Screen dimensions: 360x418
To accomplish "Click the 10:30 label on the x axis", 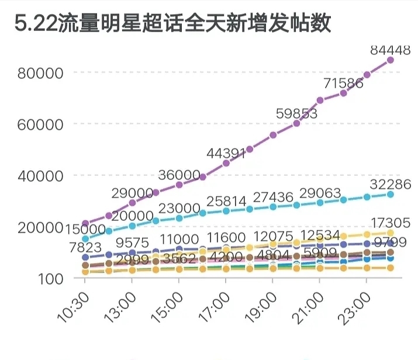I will [x=73, y=306].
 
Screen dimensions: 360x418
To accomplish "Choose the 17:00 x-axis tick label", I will [x=213, y=306].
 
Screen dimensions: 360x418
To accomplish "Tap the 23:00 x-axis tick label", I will [x=354, y=306].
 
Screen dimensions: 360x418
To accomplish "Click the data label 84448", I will [x=390, y=50].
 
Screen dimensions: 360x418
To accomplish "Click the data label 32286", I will [x=390, y=185].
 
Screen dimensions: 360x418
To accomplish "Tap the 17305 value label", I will [x=390, y=223].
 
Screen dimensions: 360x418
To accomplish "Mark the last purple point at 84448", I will [x=390, y=60].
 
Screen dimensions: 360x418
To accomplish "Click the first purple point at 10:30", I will [x=85, y=224].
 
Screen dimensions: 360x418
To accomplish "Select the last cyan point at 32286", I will [x=390, y=194].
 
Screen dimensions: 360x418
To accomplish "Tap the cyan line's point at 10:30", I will [x=85, y=238].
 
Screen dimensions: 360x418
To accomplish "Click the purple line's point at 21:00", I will [x=320, y=100].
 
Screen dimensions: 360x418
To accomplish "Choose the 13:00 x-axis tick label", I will [x=120, y=306].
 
